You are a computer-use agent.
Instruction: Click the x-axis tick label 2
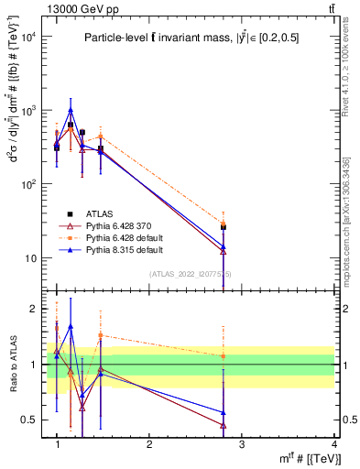149,443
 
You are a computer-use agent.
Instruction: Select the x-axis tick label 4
333,443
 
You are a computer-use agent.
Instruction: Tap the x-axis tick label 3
241,443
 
